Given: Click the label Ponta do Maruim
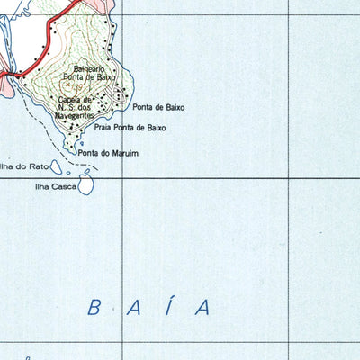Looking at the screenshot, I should (108, 154).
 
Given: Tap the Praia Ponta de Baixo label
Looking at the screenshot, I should (130, 129).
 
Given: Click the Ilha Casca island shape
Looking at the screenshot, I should (86, 185).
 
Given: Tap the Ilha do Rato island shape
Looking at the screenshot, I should (56, 167).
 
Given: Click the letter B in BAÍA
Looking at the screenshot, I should (94, 308).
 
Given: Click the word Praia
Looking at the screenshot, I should (103, 129).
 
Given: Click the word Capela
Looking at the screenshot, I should (70, 100).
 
